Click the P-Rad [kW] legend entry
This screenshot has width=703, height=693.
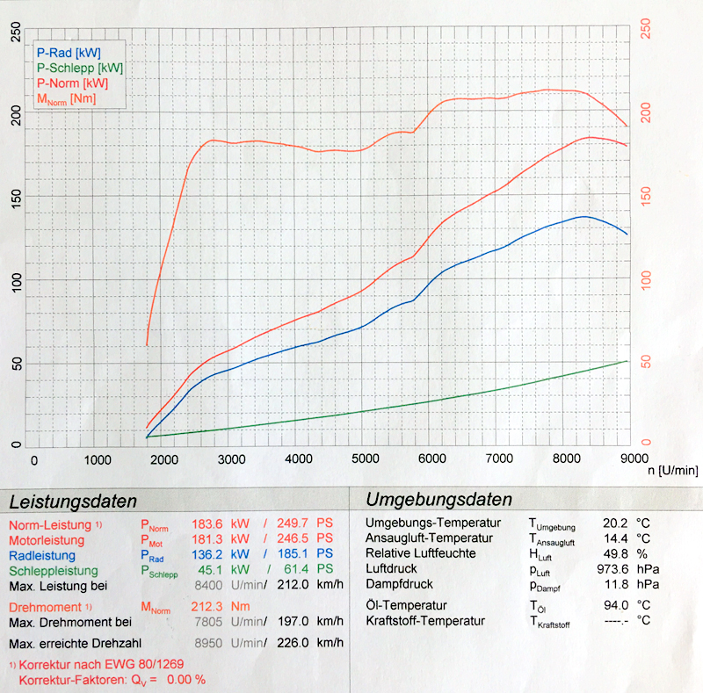tap(69, 53)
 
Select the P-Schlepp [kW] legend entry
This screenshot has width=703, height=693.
tap(80, 68)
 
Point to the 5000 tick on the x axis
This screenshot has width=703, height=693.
tap(364, 459)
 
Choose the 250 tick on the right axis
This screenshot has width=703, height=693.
tap(647, 29)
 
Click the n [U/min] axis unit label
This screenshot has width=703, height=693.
tap(667, 471)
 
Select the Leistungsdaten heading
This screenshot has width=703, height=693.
tap(73, 502)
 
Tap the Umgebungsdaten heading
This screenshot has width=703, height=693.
tap(438, 501)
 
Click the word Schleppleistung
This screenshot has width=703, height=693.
tap(55, 570)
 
